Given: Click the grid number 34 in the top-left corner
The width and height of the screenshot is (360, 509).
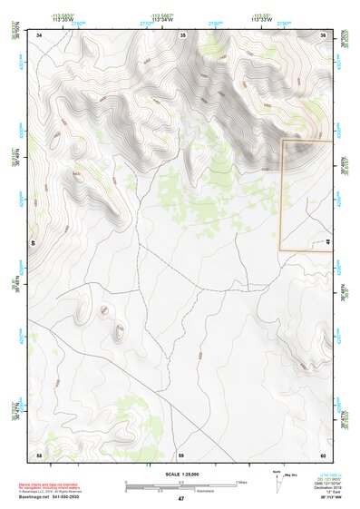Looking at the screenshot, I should point(40,35).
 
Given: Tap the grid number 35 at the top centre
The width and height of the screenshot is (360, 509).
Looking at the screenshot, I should point(183,35).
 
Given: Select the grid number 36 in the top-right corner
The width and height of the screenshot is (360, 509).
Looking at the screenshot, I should point(325,35).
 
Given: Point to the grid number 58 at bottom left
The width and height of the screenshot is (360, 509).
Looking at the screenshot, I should point(39,454).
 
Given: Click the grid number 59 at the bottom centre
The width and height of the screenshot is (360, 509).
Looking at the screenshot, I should point(181,454).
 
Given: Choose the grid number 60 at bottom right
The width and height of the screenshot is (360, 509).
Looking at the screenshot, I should point(323,454).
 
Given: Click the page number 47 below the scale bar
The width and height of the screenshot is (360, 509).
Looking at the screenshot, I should point(181,499).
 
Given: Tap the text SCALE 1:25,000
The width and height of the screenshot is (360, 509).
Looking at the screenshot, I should point(181,475).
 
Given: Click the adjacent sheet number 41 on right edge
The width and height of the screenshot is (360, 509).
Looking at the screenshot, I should point(326,241).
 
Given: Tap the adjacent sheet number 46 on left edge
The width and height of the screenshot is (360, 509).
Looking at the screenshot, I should point(34,243).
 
